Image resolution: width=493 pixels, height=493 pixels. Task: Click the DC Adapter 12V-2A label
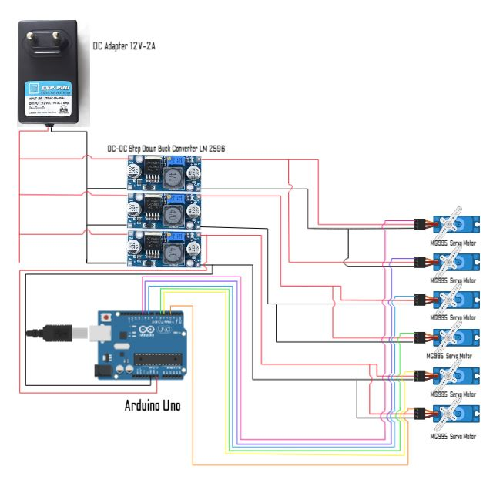tap(124, 47)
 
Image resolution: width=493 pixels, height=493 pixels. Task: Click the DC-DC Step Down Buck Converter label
tap(166, 147)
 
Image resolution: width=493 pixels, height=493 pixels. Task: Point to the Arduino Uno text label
tap(153, 405)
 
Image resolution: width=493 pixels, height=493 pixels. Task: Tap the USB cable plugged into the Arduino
tap(58, 334)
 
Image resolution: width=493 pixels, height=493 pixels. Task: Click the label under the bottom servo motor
tap(452, 436)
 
